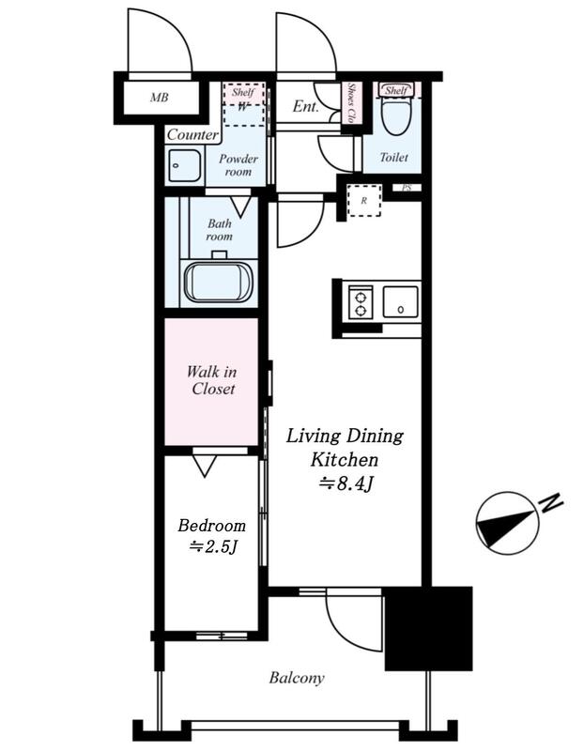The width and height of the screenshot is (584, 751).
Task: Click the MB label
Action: pyautogui.click(x=159, y=98)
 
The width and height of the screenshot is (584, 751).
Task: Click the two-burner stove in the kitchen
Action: pyautogui.click(x=361, y=301)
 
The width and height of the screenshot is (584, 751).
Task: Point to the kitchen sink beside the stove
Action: pyautogui.click(x=401, y=301)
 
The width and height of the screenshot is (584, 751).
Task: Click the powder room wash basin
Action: pyautogui.click(x=184, y=165)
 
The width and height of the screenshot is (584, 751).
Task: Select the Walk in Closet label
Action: pyautogui.click(x=212, y=380)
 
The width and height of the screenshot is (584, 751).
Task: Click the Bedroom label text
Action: pyautogui.click(x=212, y=526)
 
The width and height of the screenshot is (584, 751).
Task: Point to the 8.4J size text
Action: pyautogui.click(x=346, y=484)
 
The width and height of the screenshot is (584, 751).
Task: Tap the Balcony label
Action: pyautogui.click(x=297, y=678)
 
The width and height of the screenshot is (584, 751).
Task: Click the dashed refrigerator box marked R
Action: pyautogui.click(x=364, y=200)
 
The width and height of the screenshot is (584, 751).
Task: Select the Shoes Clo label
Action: pyautogui.click(x=352, y=103)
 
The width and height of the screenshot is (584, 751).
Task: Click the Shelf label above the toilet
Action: pyautogui.click(x=396, y=90)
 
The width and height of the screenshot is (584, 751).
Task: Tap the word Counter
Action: pyautogui.click(x=192, y=134)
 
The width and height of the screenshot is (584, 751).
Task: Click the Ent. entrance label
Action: pyautogui.click(x=306, y=106)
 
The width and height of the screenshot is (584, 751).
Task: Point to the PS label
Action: pyautogui.click(x=407, y=189)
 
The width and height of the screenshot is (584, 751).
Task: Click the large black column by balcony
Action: pyautogui.click(x=428, y=628)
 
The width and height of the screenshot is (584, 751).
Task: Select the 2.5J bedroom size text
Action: pyautogui.click(x=213, y=546)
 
